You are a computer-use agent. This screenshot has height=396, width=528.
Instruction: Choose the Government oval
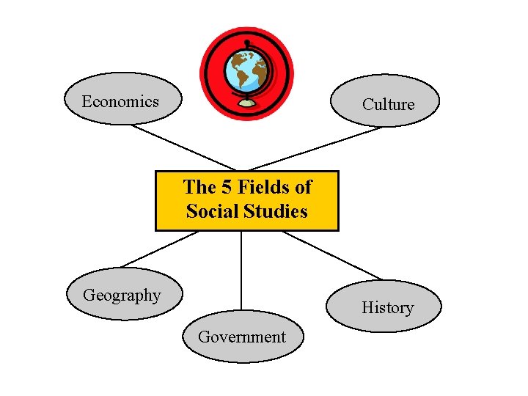(241, 337)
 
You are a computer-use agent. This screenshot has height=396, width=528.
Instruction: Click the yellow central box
(246, 200)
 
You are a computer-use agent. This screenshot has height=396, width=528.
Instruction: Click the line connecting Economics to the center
(183, 147)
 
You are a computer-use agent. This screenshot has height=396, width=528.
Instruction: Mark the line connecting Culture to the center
(315, 149)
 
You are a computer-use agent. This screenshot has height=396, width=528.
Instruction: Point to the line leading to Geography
(160, 249)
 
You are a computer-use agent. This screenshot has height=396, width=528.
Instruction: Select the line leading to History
(332, 256)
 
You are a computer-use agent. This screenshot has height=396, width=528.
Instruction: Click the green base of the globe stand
(247, 103)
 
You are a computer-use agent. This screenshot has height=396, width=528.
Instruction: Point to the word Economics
(120, 101)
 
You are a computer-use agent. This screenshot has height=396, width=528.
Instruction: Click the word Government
(241, 337)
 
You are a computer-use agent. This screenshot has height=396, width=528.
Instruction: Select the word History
(387, 308)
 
